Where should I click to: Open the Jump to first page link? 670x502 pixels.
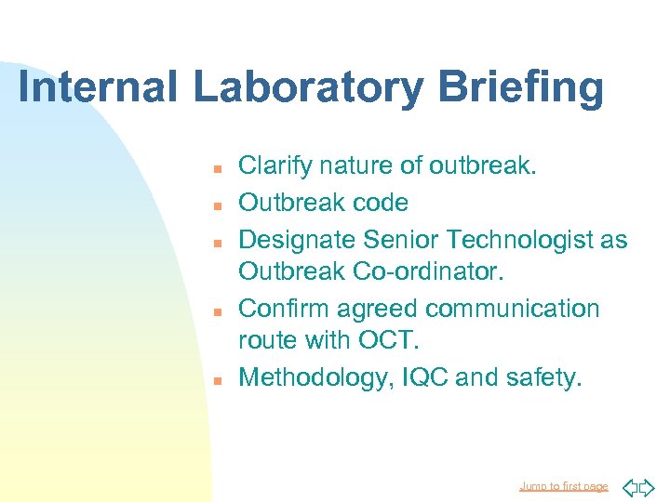tap(563, 486)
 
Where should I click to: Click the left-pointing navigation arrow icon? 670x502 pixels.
tap(629, 486)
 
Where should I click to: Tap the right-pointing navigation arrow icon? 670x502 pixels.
tap(649, 486)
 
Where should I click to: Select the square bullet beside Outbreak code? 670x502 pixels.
tap(214, 205)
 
